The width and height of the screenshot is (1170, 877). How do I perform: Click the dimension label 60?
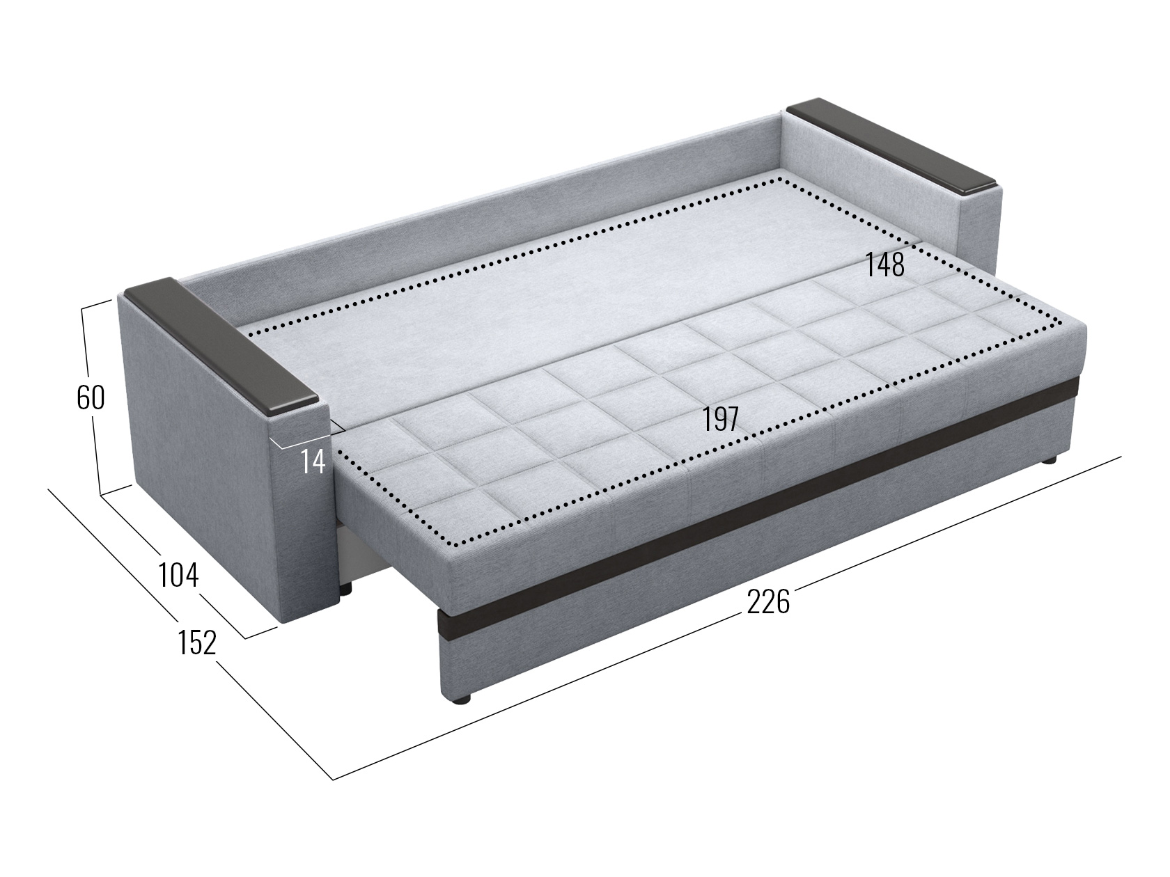91,397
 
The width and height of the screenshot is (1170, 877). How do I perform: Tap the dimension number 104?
178,575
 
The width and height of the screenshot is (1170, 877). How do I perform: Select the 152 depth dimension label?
196,642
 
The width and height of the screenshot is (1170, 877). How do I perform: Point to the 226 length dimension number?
768,602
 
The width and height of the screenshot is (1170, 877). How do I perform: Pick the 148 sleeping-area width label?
885,264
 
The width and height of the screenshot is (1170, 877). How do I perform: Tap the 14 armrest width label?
313,461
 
